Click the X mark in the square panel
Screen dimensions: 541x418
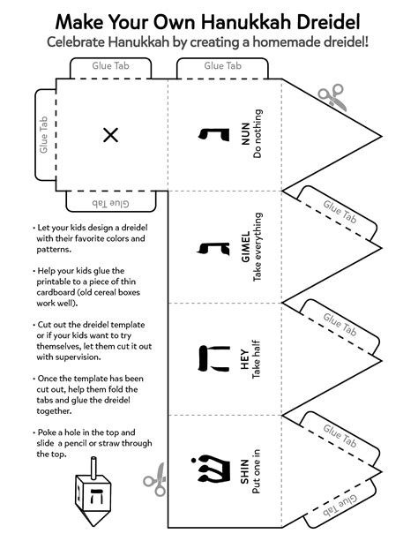(x=110, y=134)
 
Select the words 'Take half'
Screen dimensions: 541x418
(x=258, y=357)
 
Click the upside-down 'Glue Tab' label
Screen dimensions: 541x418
(x=110, y=203)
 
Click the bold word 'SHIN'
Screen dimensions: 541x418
(x=244, y=471)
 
